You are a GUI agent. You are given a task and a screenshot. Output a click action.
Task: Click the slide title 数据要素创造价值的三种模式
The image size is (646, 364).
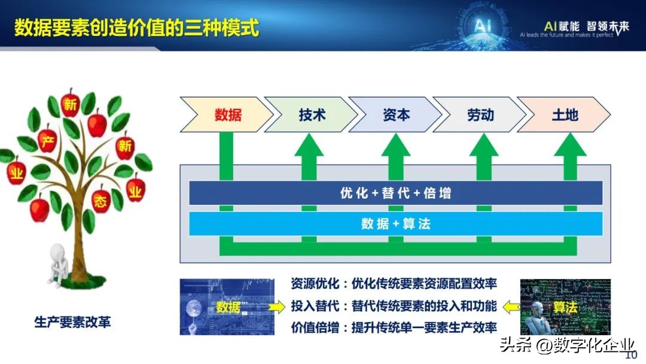tap(137, 27)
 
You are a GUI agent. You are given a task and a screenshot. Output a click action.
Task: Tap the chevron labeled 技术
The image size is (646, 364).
tap(312, 114)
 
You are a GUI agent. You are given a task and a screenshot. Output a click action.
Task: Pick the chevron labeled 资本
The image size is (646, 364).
tap(396, 114)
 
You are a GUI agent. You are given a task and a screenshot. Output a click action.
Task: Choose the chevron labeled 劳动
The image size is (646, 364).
tap(480, 114)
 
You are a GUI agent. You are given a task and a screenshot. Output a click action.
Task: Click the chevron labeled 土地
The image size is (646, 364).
tap(565, 114)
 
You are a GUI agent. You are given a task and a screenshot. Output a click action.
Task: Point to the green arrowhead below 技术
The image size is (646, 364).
tap(309, 145)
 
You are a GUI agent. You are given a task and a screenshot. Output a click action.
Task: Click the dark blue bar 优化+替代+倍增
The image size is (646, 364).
tap(395, 193)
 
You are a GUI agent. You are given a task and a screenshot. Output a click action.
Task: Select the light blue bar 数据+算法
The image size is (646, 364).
tap(395, 224)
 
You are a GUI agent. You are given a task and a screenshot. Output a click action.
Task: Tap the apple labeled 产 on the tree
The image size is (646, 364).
tap(47, 139)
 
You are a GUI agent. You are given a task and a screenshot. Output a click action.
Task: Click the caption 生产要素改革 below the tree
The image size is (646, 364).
tap(72, 322)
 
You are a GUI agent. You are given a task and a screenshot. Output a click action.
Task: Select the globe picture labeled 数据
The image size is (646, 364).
tap(218, 307)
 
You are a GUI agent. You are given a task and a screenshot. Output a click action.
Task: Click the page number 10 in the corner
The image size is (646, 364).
tap(630, 355)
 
